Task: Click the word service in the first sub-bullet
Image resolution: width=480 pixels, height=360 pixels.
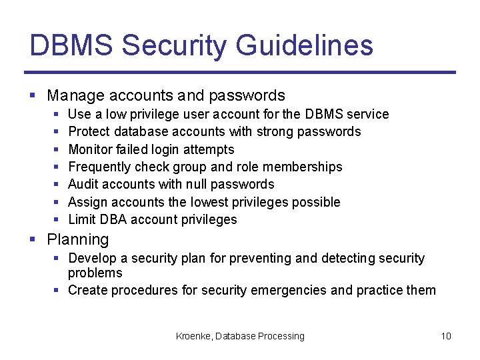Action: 367,114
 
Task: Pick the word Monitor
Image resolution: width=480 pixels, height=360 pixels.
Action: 90,149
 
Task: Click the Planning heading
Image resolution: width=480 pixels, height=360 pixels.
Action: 78,239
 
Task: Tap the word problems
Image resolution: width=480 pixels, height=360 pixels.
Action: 95,273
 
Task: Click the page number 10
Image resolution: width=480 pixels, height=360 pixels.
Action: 446,336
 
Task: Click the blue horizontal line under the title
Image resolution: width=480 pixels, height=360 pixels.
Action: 240,72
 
